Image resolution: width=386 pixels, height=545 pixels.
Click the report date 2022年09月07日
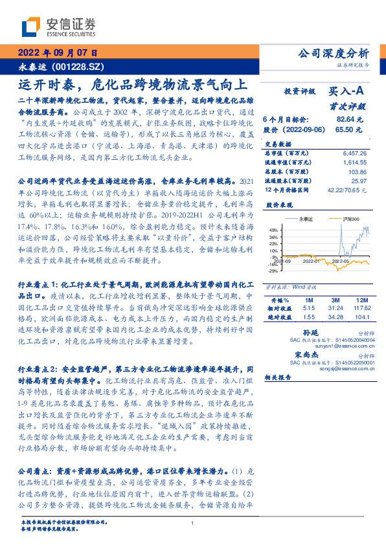pyautogui.click(x=58, y=53)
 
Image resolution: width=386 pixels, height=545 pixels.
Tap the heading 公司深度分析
pyautogui.click(x=332, y=53)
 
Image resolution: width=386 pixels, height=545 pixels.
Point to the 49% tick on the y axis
pyautogui.click(x=275, y=230)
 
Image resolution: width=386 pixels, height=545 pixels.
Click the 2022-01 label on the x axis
pyautogui.click(x=308, y=261)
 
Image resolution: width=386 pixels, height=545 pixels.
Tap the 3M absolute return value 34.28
pyautogui.click(x=334, y=317)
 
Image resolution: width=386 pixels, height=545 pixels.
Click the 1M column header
pyautogui.click(x=308, y=300)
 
